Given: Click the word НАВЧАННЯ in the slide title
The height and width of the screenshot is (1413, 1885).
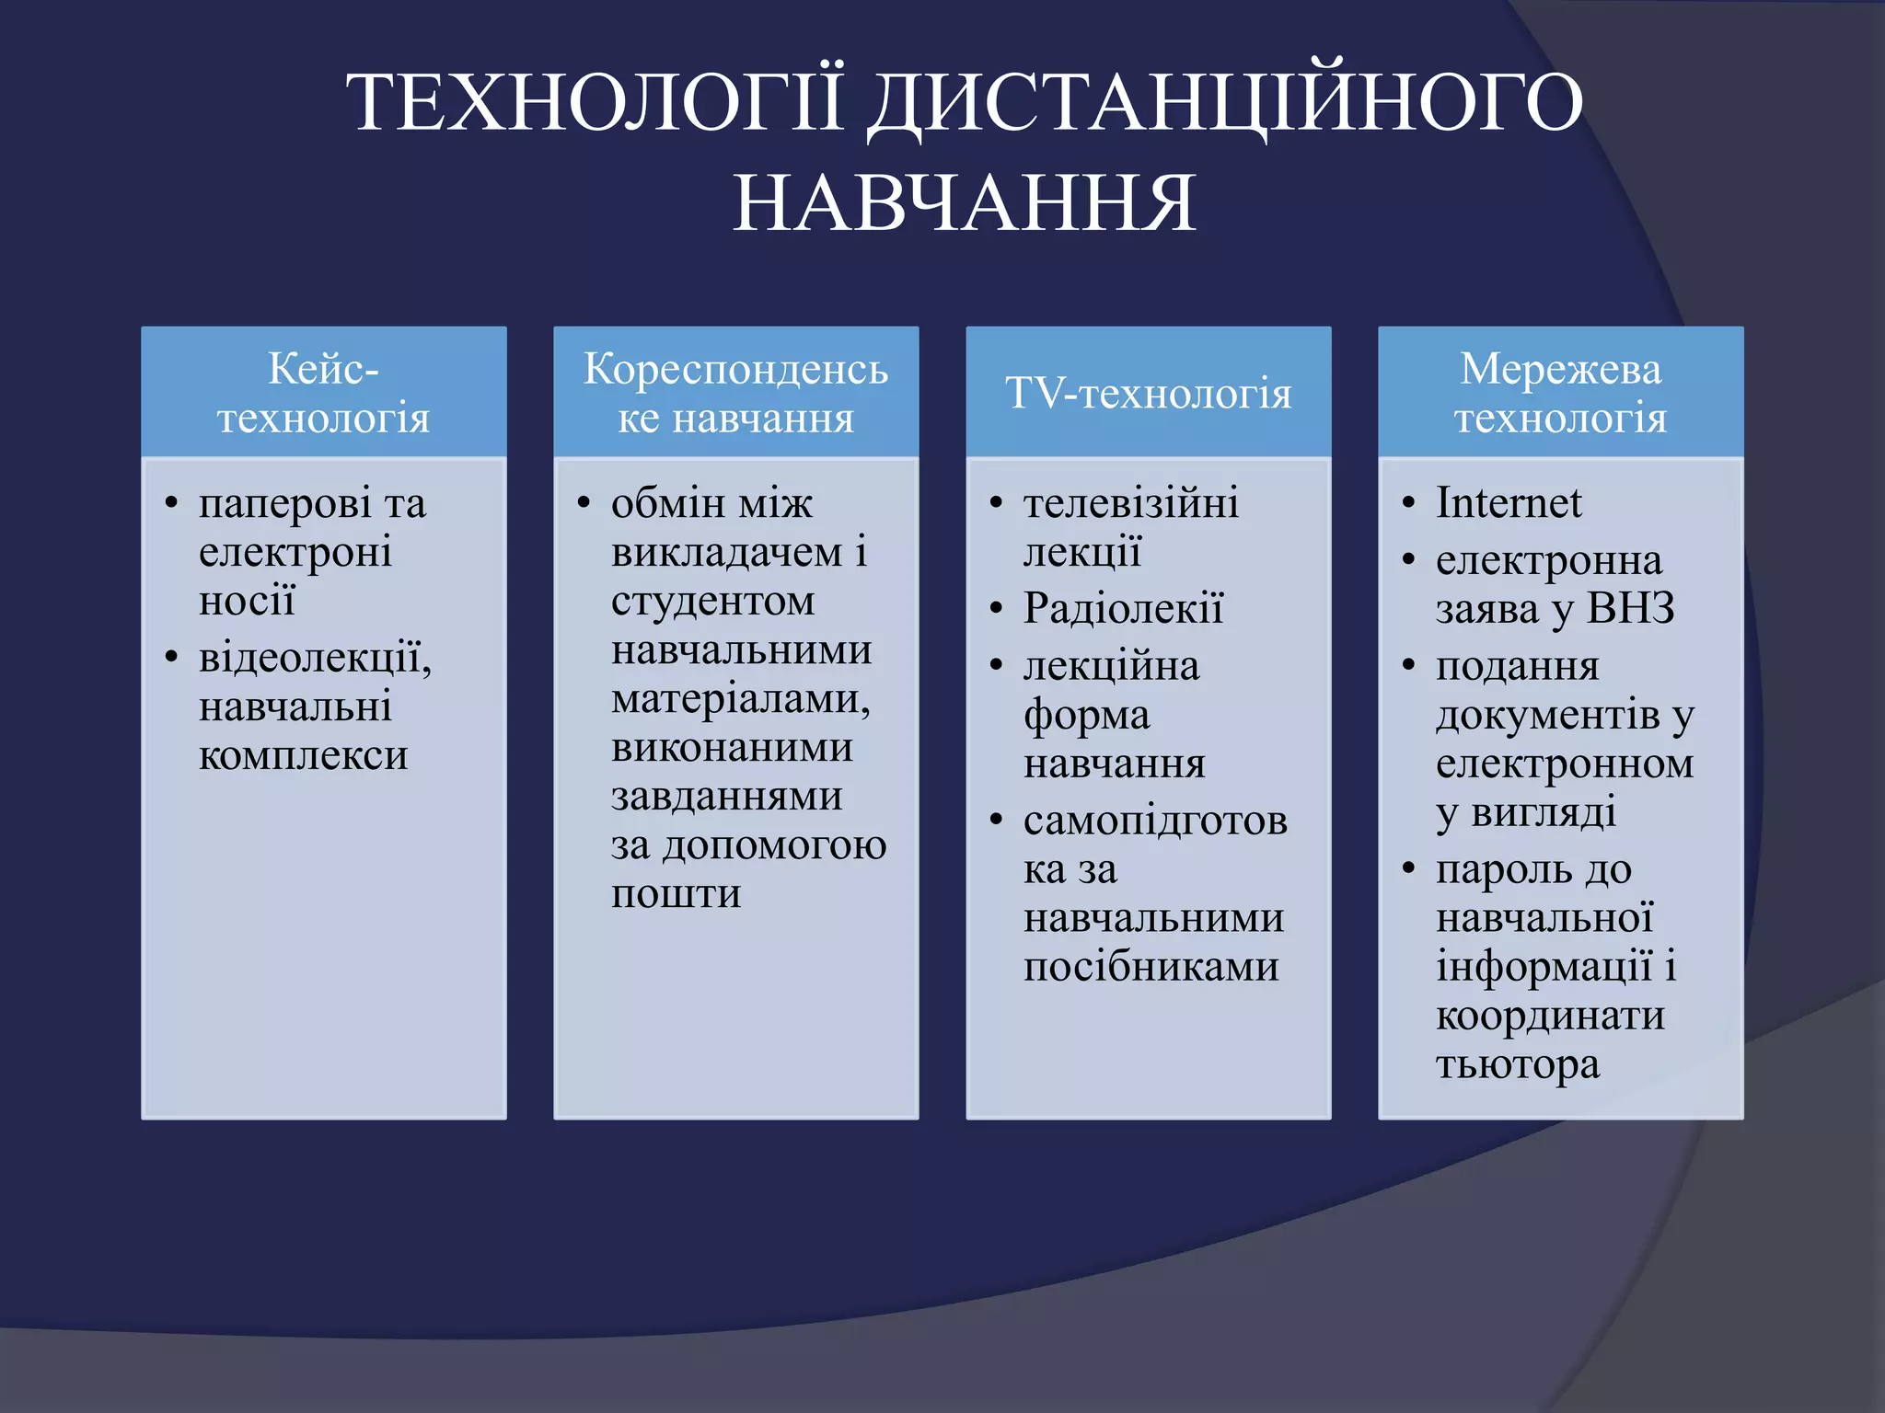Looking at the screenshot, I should pos(964,203).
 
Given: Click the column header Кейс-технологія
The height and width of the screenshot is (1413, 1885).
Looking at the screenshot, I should pos(323,393).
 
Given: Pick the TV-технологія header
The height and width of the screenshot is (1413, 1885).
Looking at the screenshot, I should pos(1148,393).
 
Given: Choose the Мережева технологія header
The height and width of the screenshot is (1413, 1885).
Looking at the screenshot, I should pos(1560,393).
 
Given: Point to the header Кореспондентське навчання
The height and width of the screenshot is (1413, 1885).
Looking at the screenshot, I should pos(735,393).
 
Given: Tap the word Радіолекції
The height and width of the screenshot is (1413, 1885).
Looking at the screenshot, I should pos(1123,609).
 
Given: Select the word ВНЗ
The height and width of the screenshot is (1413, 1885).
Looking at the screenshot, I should pos(1630,609).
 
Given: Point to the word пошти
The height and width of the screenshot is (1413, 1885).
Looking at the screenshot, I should pos(676,894).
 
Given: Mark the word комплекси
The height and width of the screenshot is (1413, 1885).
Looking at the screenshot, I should pos(303,756).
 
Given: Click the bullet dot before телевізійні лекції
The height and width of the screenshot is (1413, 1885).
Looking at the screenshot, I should pos(996,503).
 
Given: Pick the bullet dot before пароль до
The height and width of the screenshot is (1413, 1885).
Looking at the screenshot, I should pos(1408,868).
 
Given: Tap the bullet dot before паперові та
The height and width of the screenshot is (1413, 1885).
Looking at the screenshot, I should pos(171,503).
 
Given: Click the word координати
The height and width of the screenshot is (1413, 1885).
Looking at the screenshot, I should pos(1550,1017).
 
